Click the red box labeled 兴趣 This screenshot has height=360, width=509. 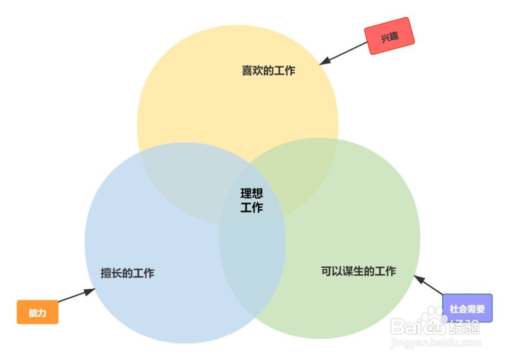[x=389, y=36]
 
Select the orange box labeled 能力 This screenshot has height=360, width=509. [x=38, y=312]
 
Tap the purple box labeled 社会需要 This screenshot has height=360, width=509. [x=467, y=309]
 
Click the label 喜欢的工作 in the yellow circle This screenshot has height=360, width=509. [x=268, y=71]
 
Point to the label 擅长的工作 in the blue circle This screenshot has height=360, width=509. [x=127, y=273]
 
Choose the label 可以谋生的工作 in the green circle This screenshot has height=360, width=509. [x=358, y=271]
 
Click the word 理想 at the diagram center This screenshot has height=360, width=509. [x=252, y=194]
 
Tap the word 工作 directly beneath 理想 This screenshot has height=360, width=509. [x=252, y=207]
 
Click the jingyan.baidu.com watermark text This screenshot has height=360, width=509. [x=435, y=343]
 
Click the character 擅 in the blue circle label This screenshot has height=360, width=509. [x=106, y=273]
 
